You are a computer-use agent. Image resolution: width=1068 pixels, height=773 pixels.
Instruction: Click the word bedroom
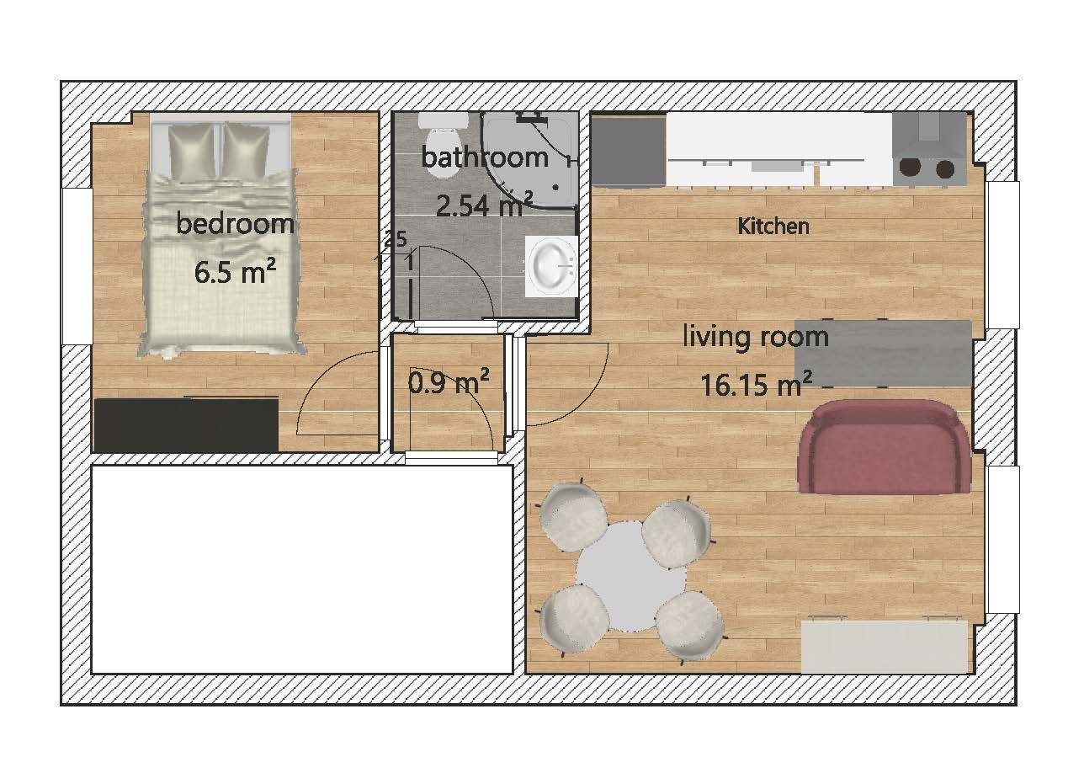[236, 224]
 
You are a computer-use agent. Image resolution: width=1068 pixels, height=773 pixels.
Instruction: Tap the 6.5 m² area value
[236, 273]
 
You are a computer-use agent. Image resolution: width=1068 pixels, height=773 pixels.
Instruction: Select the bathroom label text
[484, 157]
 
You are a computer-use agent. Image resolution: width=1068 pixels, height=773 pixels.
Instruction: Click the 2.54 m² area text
[483, 205]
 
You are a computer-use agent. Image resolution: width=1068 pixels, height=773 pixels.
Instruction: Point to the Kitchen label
[773, 226]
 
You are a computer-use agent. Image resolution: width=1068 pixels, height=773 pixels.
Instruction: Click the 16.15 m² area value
[755, 385]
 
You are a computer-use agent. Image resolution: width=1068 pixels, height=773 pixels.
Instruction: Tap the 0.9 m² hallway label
[449, 384]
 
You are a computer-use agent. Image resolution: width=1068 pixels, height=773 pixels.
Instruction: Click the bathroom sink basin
[550, 265]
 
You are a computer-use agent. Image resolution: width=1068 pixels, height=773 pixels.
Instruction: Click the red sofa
[884, 448]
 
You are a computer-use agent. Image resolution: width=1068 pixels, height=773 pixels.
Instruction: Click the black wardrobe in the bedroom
[185, 425]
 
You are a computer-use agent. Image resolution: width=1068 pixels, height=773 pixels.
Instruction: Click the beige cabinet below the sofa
[884, 646]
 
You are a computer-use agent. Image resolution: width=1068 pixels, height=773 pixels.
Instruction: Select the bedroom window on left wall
[77, 266]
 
